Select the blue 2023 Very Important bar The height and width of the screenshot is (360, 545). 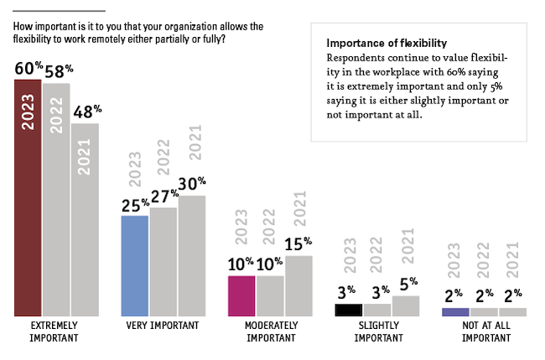[x=135, y=265]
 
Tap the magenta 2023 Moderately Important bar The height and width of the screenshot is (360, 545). [x=242, y=295]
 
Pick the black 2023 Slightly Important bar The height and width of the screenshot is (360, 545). [x=348, y=310]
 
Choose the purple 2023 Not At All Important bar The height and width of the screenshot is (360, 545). [x=455, y=311]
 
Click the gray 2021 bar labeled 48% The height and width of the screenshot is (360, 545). [x=85, y=219]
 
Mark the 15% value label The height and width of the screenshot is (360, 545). [x=299, y=245]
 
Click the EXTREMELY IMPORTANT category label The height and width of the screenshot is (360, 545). [x=54, y=331]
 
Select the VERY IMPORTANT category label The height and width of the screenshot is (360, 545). [x=163, y=326]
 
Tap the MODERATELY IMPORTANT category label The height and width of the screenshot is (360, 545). [x=270, y=331]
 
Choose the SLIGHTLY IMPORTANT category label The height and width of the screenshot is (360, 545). [x=376, y=331]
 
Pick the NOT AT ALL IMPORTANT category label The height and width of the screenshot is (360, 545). [x=484, y=331]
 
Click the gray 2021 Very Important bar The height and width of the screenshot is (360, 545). [x=192, y=255]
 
